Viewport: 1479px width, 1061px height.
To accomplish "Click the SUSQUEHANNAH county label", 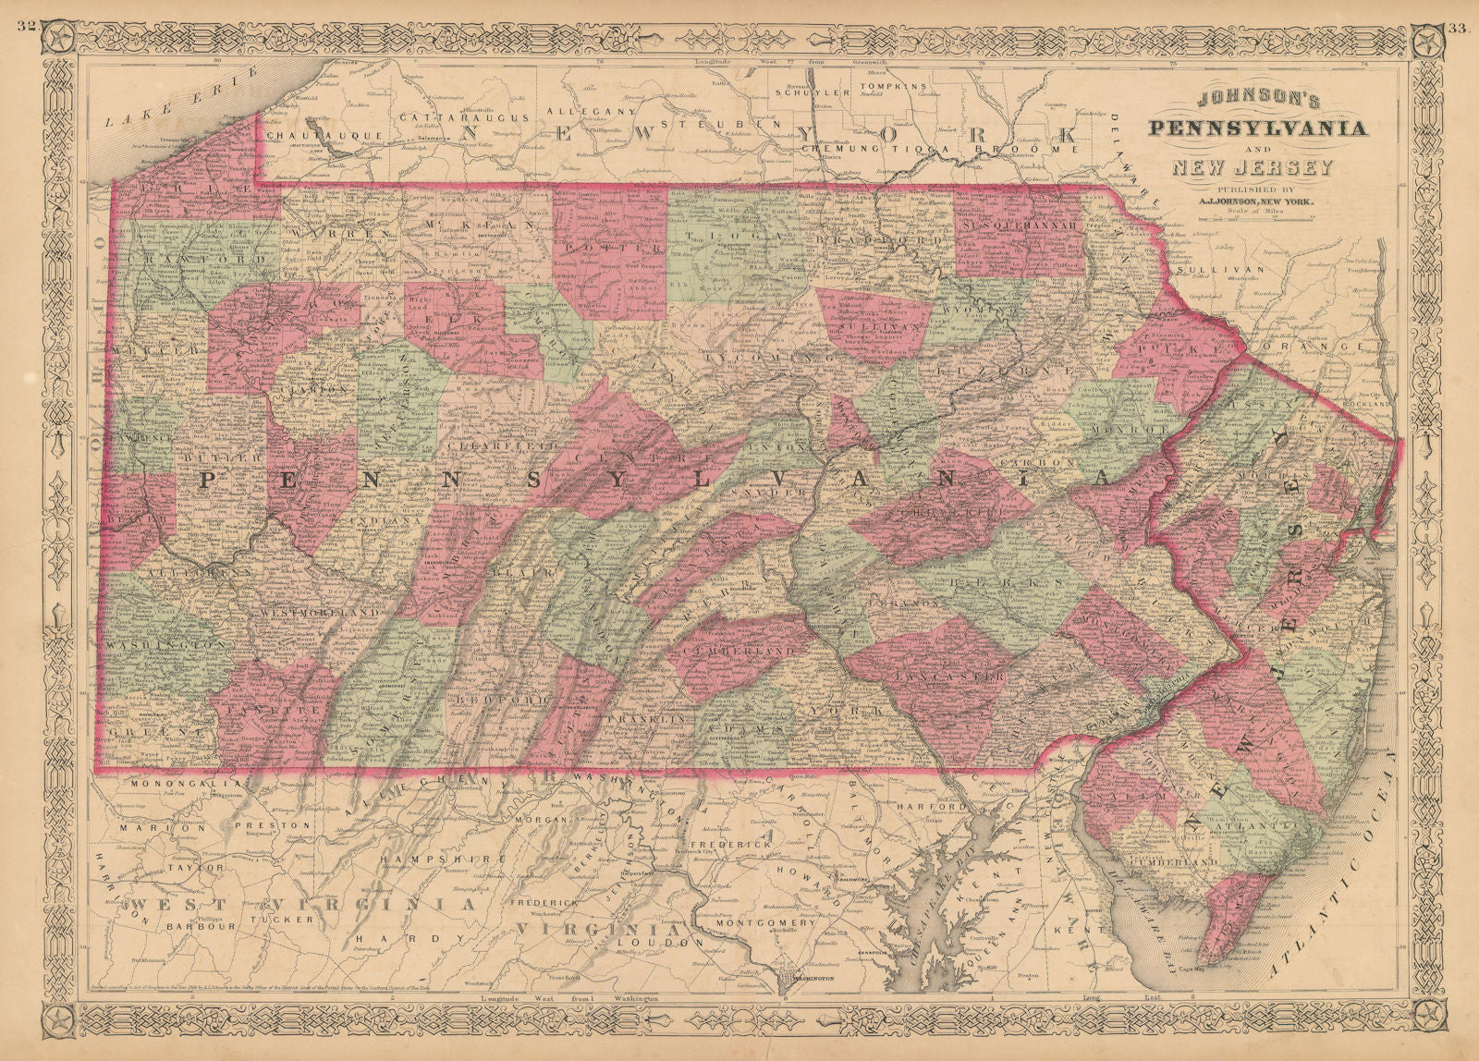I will (x=1021, y=225).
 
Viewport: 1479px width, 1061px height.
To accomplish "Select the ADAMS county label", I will (x=757, y=729).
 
